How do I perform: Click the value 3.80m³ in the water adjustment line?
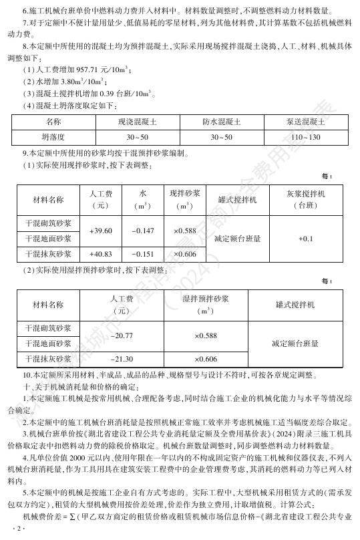pos(74,82)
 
